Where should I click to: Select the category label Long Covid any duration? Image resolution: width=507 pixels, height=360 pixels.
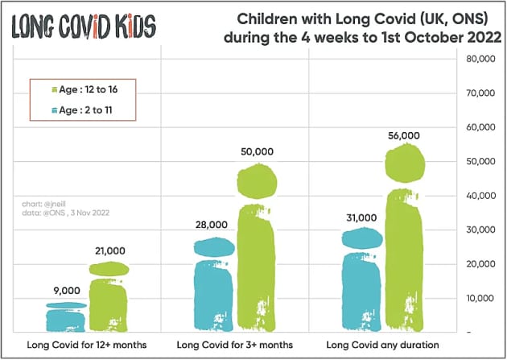[x=384, y=345]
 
